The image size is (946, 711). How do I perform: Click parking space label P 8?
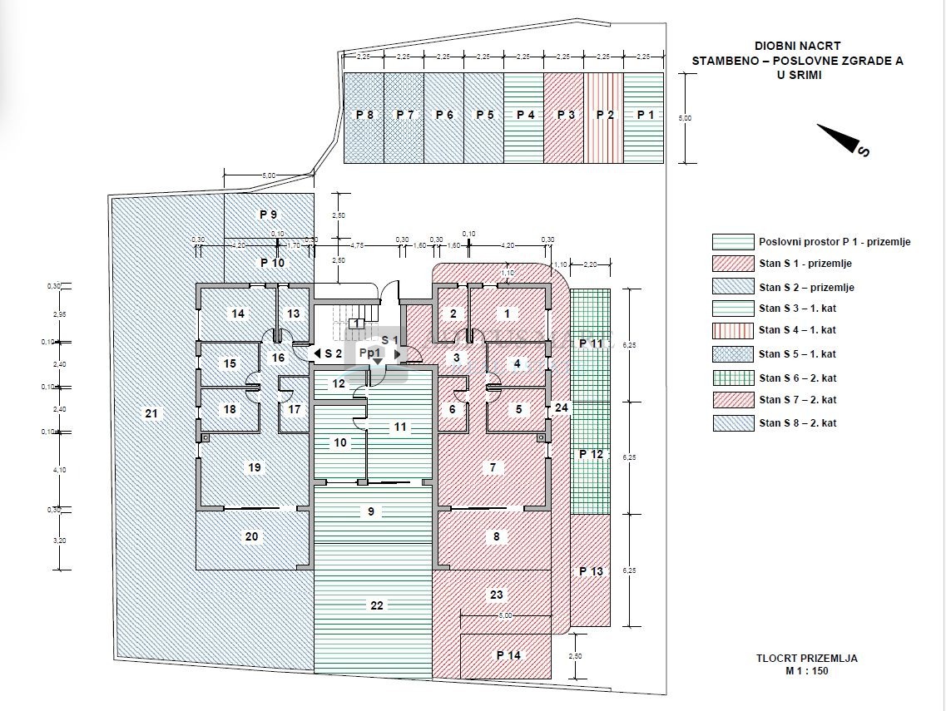pyautogui.click(x=364, y=115)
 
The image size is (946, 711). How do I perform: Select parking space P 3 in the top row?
pyautogui.click(x=565, y=115)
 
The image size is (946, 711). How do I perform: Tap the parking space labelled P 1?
pyautogui.click(x=645, y=115)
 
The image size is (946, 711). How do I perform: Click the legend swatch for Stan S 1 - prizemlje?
pyautogui.click(x=731, y=264)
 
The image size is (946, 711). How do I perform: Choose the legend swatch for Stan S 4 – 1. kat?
pyautogui.click(x=731, y=330)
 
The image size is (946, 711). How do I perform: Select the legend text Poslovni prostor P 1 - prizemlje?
pyautogui.click(x=835, y=242)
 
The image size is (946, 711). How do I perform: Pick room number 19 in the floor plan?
pyautogui.click(x=255, y=467)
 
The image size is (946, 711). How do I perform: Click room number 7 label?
pyautogui.click(x=493, y=468)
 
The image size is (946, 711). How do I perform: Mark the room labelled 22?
pyautogui.click(x=376, y=605)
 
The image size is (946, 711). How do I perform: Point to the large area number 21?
pyautogui.click(x=151, y=413)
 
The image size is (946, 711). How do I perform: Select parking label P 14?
pyautogui.click(x=508, y=655)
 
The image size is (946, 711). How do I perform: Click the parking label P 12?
pyautogui.click(x=591, y=454)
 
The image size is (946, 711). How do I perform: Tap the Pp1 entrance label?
pyautogui.click(x=370, y=353)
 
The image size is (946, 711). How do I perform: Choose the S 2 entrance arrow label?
pyautogui.click(x=328, y=353)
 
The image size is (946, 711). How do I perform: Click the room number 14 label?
pyautogui.click(x=238, y=314)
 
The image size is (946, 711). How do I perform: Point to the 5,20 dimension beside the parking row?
pyautogui.click(x=685, y=119)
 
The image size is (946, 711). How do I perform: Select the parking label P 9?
pyautogui.click(x=268, y=215)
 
